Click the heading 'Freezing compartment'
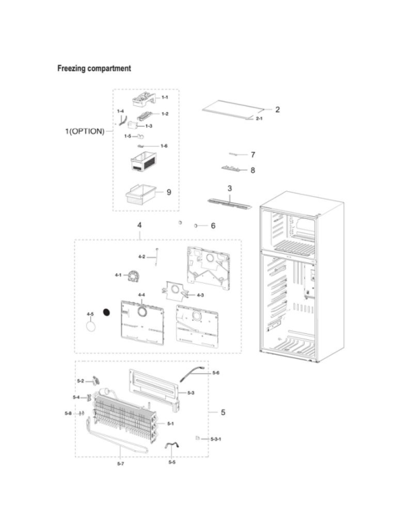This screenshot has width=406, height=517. click(94, 68)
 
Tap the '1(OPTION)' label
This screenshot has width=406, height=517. click(85, 131)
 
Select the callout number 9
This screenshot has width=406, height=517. click(169, 192)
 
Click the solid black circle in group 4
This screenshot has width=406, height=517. click(106, 312)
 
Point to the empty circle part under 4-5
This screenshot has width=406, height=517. click(91, 326)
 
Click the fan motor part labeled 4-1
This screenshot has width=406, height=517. click(133, 276)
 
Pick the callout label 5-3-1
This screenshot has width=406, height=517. click(216, 439)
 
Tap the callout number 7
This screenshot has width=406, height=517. click(253, 154)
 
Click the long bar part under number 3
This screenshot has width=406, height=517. click(229, 204)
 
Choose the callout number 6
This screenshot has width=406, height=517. click(213, 226)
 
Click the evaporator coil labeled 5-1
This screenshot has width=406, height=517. click(126, 416)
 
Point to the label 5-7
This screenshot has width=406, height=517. click(120, 464)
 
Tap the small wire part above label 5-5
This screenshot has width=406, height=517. click(172, 446)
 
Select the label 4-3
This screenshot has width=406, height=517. click(200, 295)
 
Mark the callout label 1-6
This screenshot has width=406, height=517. click(164, 146)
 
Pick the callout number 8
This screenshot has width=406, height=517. click(253, 170)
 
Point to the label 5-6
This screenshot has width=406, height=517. click(216, 372)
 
